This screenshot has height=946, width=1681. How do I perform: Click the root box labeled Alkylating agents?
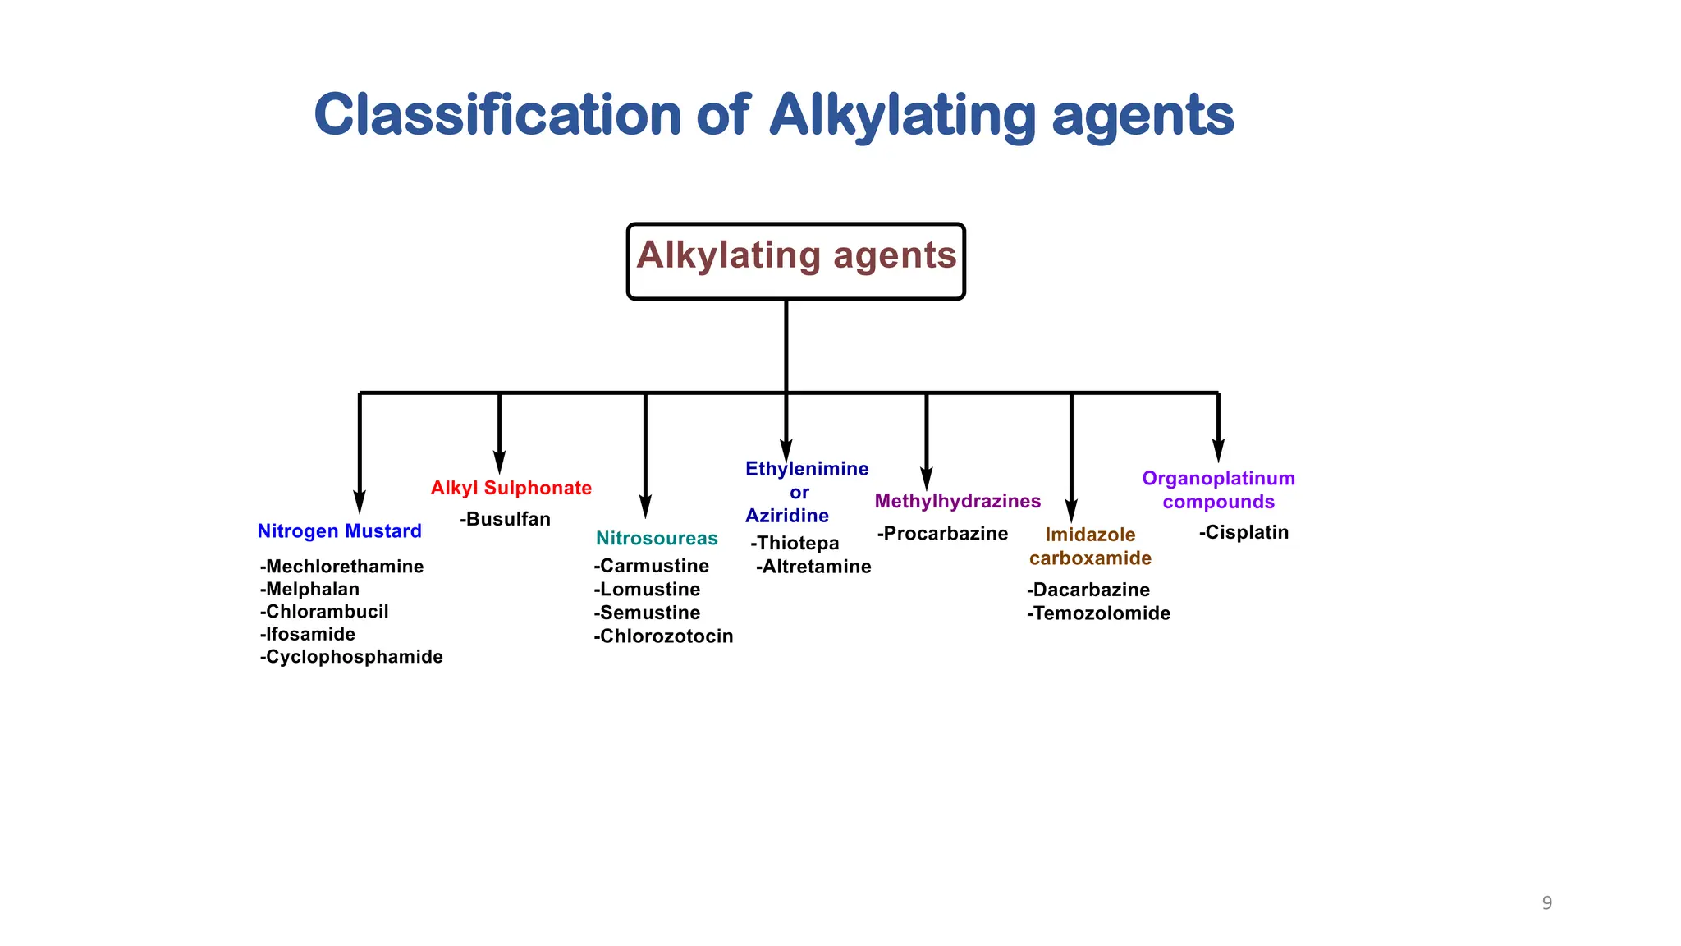[x=795, y=260]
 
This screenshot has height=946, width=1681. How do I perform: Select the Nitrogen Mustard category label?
[x=339, y=531]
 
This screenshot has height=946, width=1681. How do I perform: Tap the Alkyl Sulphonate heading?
[x=511, y=488]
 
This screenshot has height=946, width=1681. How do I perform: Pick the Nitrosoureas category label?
[x=657, y=539]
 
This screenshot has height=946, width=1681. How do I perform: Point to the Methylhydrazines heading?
[x=957, y=501]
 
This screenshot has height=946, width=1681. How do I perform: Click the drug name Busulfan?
[x=506, y=519]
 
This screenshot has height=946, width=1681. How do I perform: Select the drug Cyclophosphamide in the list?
[x=351, y=657]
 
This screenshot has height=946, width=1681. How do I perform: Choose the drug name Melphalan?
[x=310, y=589]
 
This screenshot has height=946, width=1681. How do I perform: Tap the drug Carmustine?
[x=652, y=566]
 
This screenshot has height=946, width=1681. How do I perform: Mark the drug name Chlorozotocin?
[x=663, y=636]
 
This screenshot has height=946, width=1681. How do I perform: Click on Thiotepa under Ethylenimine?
[x=795, y=543]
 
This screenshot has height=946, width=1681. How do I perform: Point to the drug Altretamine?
[x=813, y=567]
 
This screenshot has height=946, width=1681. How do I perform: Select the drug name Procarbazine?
[x=942, y=534]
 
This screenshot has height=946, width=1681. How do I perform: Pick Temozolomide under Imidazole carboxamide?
[x=1098, y=613]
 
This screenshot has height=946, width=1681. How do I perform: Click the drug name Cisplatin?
[x=1244, y=532]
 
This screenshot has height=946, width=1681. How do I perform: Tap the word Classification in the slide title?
[x=497, y=115]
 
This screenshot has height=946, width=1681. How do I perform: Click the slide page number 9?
[x=1546, y=903]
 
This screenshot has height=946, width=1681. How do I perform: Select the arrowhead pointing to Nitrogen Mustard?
[x=360, y=502]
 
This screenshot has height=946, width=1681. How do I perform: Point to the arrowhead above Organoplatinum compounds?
[x=1218, y=451]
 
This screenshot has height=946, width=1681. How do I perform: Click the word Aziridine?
[x=787, y=516]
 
